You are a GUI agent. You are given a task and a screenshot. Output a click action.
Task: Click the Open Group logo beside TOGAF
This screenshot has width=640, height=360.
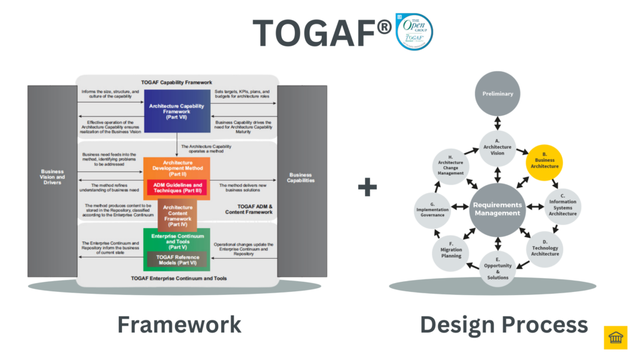[414, 31]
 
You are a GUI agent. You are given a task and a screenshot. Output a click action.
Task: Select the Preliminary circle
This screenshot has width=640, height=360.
[497, 94]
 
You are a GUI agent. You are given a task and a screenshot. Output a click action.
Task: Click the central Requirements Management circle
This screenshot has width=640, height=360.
[497, 209]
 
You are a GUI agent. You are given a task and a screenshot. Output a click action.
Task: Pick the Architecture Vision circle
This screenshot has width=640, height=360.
[497, 147]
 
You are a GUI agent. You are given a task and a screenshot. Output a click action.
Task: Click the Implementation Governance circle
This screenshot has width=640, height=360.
[433, 211]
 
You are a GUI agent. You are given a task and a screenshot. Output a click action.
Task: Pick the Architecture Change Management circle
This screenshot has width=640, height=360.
[451, 167]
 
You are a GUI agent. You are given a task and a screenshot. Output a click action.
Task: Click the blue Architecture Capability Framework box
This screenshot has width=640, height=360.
[177, 110]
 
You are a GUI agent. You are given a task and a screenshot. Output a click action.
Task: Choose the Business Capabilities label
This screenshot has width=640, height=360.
[301, 177]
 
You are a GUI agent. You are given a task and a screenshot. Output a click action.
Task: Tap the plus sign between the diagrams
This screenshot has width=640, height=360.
[368, 187]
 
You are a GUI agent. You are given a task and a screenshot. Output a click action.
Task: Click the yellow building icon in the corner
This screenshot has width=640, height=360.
[616, 337]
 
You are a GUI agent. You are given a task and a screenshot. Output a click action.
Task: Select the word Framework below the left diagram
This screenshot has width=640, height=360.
[179, 325]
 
